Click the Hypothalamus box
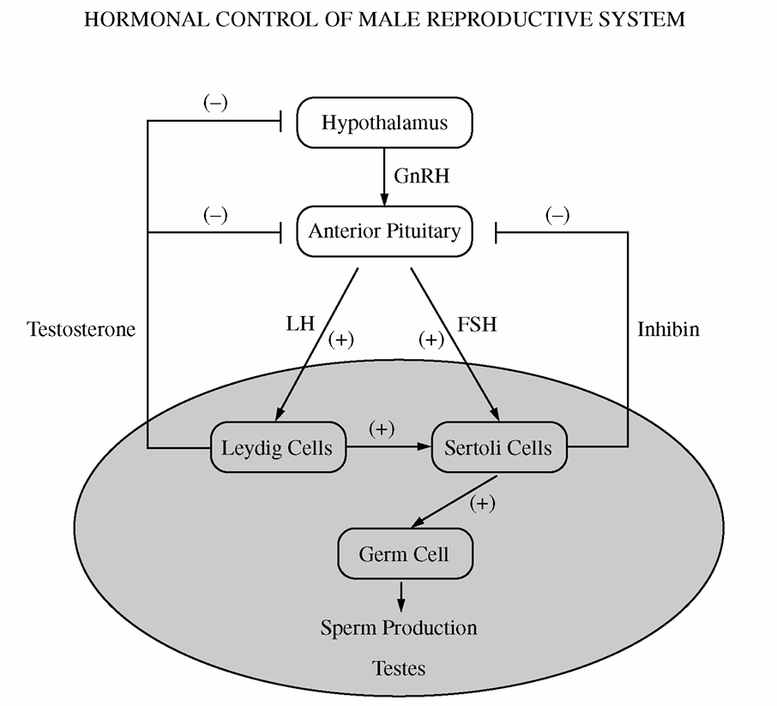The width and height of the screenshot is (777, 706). pos(384,123)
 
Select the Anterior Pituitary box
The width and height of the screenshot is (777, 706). pos(384,230)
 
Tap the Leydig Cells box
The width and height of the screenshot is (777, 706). pos(277,447)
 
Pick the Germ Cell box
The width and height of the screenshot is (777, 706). pos(404,553)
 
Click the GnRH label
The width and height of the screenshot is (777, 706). pos(422,176)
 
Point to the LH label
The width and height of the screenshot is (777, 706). pos(301,325)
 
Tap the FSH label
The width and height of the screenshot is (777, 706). pos(478,325)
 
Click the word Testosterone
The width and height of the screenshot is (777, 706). pos(81,329)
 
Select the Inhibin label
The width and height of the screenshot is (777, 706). pos(668,329)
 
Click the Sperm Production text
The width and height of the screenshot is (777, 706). pos(399,628)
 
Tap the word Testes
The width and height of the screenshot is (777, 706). pos(399,667)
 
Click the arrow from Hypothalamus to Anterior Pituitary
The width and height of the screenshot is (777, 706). pos(384,176)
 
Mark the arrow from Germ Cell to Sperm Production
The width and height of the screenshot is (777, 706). pos(400,596)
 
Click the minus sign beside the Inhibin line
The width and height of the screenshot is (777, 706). pos(557,216)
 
